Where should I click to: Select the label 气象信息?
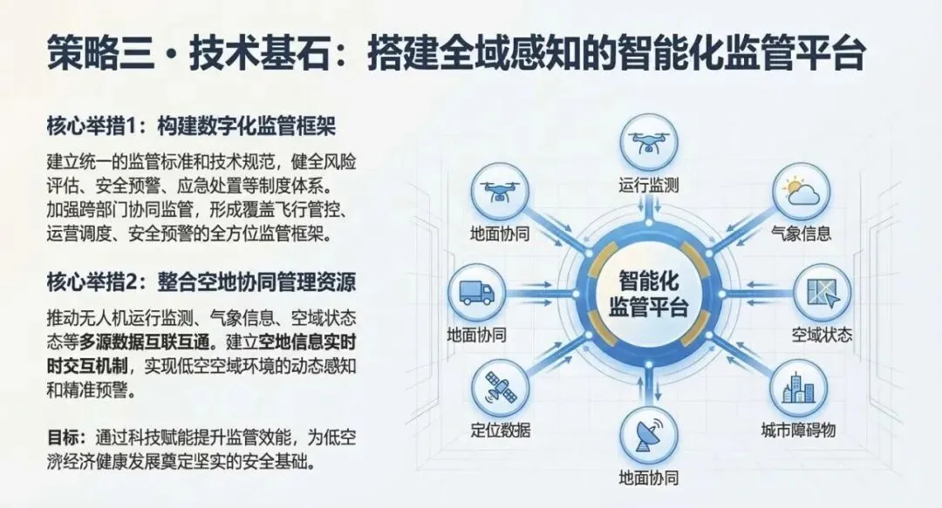point(801,234)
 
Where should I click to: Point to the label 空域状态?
point(822,335)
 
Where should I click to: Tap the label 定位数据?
point(500,430)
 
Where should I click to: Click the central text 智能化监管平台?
point(648,293)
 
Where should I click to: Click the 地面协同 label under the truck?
point(476,334)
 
